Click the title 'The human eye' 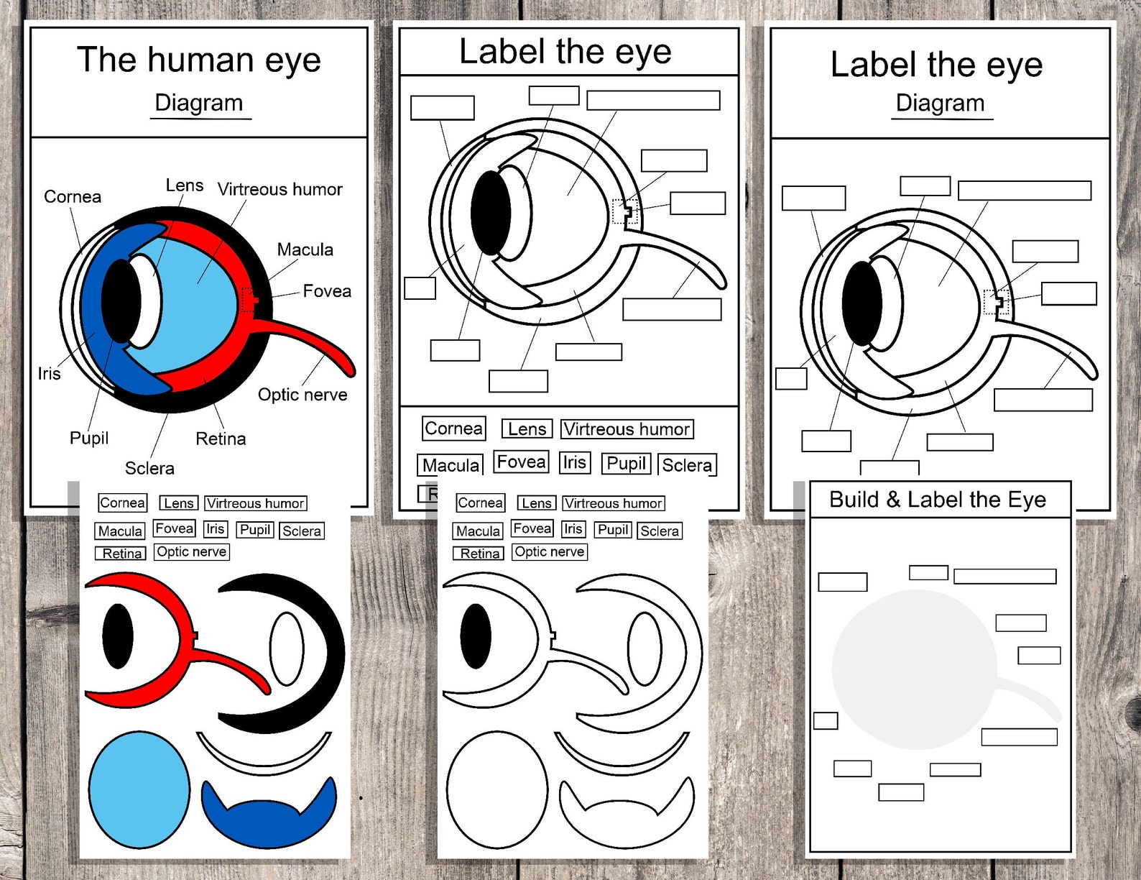tap(199, 60)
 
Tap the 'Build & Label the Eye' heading tap(937, 500)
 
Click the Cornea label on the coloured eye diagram tap(73, 197)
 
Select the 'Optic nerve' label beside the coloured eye tap(302, 395)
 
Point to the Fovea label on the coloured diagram tap(327, 291)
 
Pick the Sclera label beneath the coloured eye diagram tap(149, 469)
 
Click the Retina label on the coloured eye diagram tap(221, 439)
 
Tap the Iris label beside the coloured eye tap(49, 374)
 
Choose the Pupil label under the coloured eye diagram tap(89, 438)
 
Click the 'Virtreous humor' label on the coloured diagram tap(280, 190)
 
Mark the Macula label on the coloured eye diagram tap(305, 250)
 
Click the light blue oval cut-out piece tap(139, 789)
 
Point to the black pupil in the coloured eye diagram tap(121, 301)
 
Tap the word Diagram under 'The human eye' tap(199, 103)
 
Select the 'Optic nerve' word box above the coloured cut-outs tap(192, 552)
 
